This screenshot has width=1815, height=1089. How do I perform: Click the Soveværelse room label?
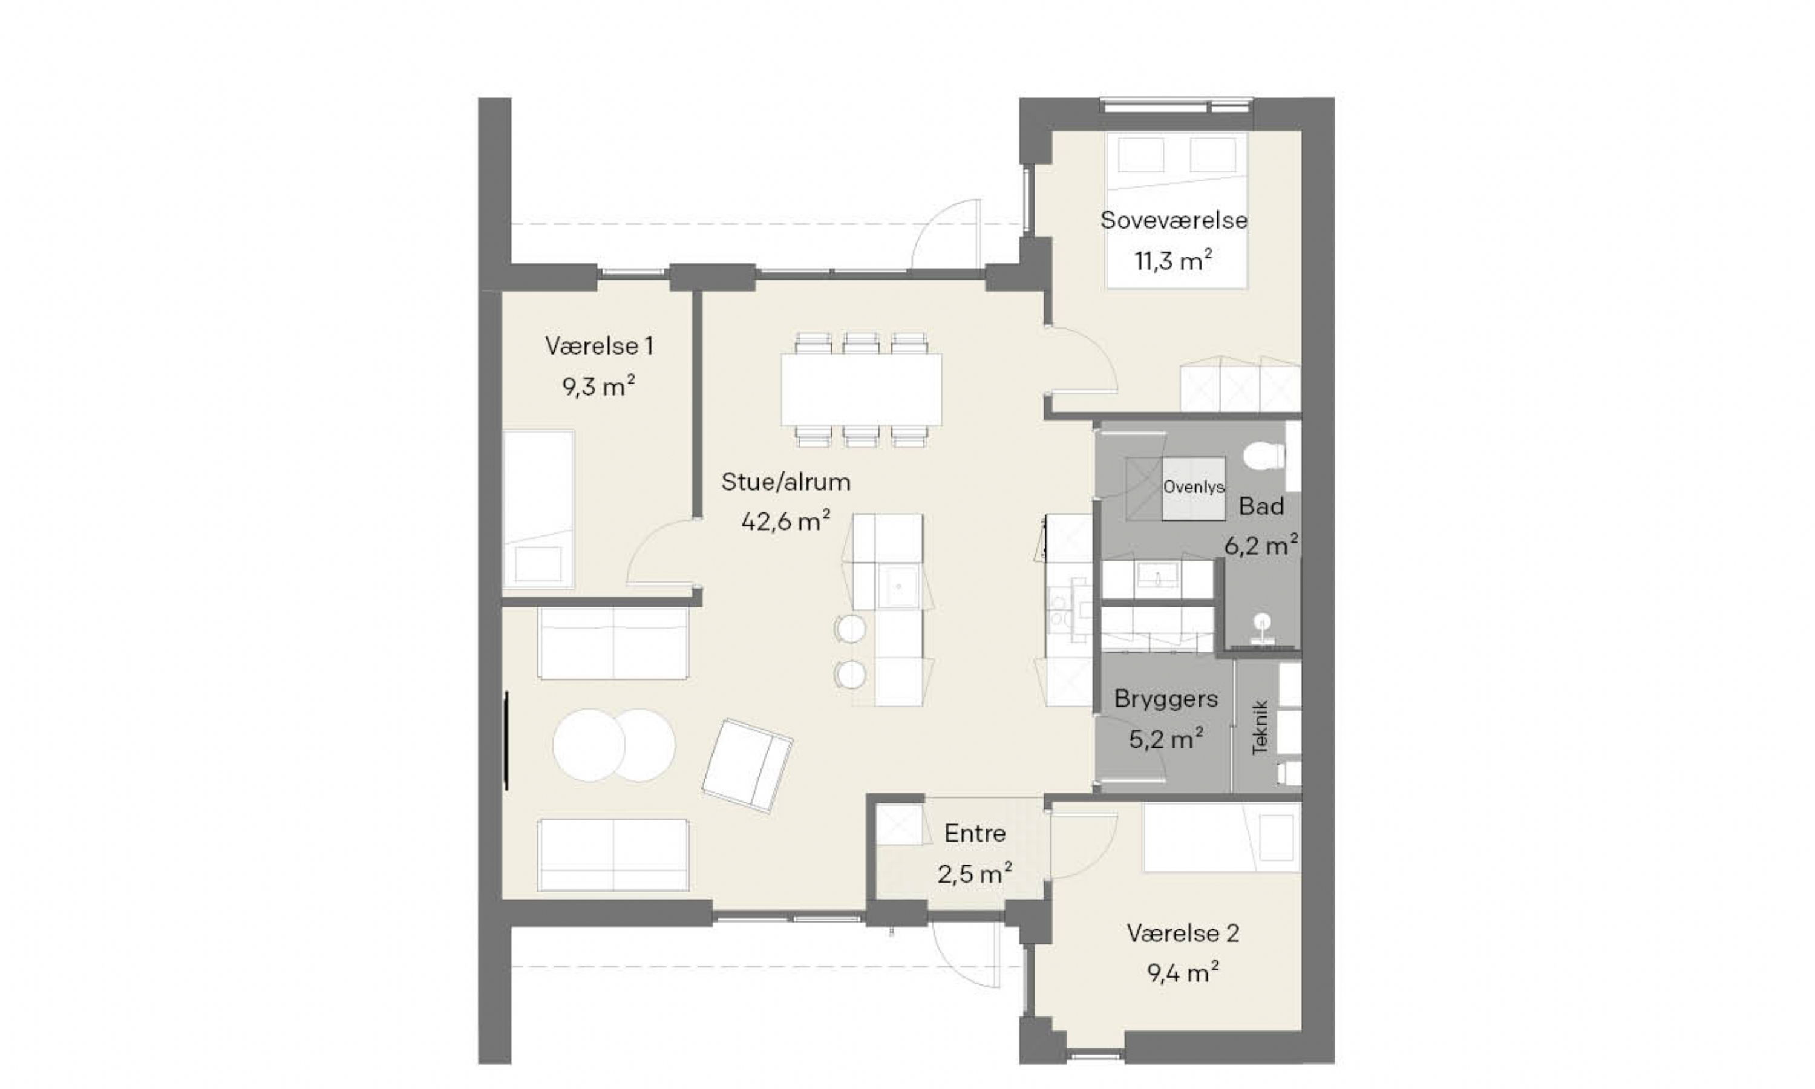pyautogui.click(x=1174, y=220)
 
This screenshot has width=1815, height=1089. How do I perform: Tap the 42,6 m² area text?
pyautogui.click(x=786, y=521)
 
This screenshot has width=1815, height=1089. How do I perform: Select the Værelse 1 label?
pyautogui.click(x=598, y=345)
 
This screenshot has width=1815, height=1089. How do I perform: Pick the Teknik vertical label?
pyautogui.click(x=1260, y=727)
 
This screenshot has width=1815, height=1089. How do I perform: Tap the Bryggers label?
pyautogui.click(x=1166, y=699)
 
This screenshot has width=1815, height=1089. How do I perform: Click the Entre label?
pyautogui.click(x=975, y=833)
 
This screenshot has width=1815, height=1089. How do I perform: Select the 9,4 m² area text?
pyautogui.click(x=1183, y=973)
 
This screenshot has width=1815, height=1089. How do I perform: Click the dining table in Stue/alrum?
pyautogui.click(x=862, y=390)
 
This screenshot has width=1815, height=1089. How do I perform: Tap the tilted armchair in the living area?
pyautogui.click(x=747, y=765)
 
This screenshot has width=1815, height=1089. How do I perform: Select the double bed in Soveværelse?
pyautogui.click(x=1177, y=210)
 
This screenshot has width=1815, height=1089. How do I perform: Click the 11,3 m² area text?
pyautogui.click(x=1174, y=261)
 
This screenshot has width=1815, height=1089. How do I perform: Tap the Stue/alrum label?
pyautogui.click(x=786, y=482)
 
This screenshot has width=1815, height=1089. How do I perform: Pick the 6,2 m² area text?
pyautogui.click(x=1261, y=545)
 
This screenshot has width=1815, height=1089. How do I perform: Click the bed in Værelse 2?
pyautogui.click(x=1221, y=837)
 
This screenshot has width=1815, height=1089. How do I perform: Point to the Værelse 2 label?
pyautogui.click(x=1183, y=934)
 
